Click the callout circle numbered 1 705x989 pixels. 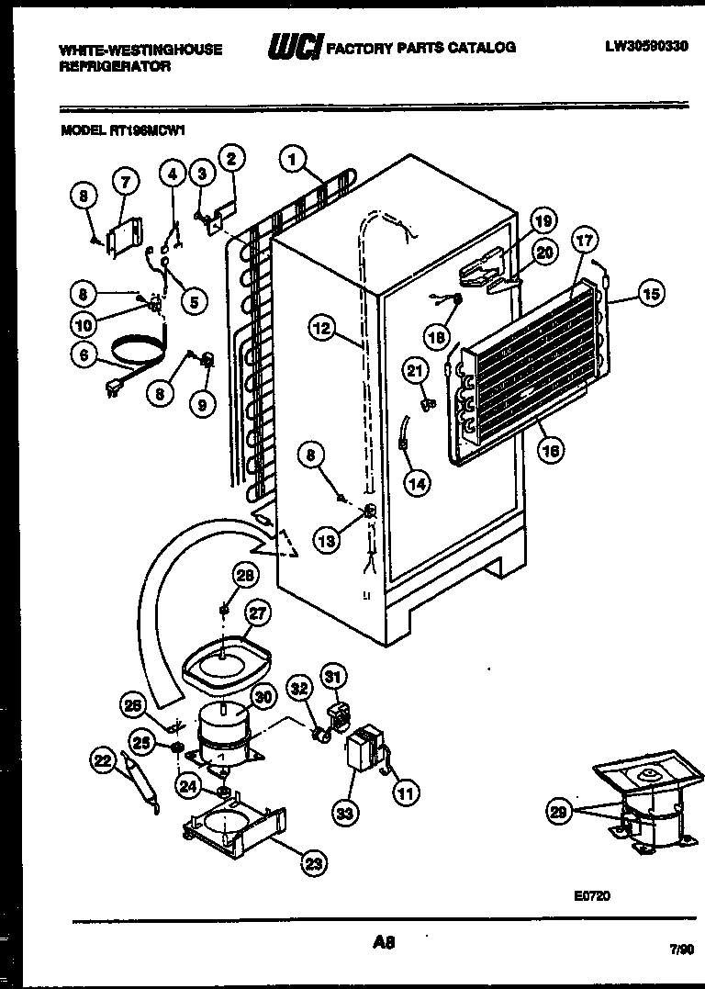pyautogui.click(x=293, y=160)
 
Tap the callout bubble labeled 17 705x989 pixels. pyautogui.click(x=586, y=242)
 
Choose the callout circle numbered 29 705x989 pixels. pyautogui.click(x=558, y=810)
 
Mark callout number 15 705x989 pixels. pyautogui.click(x=651, y=294)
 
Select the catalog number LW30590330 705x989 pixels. pyautogui.click(x=646, y=46)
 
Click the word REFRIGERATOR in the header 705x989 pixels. pyautogui.click(x=115, y=67)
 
